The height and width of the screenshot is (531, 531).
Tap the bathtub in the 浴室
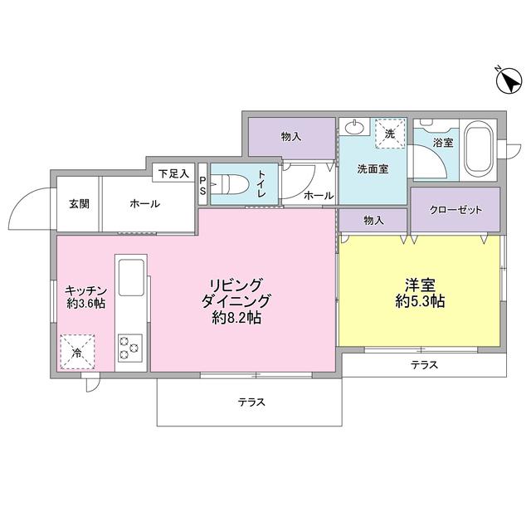[x=478, y=149]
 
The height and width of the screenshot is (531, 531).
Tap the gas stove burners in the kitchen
[x=131, y=346]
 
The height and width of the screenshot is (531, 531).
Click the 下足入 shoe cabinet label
[x=173, y=173]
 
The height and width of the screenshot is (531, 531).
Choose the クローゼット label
[x=455, y=209]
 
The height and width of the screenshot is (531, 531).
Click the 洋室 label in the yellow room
[x=421, y=284]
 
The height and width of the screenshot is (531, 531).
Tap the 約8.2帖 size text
[x=237, y=318]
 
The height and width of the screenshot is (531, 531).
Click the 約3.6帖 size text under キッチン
[x=85, y=304]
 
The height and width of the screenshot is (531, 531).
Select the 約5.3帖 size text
[x=421, y=302]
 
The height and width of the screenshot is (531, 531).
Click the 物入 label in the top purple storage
[x=290, y=136]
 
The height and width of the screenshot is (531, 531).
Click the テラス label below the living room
[x=251, y=402]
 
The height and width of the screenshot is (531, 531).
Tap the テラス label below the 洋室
[x=423, y=365]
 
